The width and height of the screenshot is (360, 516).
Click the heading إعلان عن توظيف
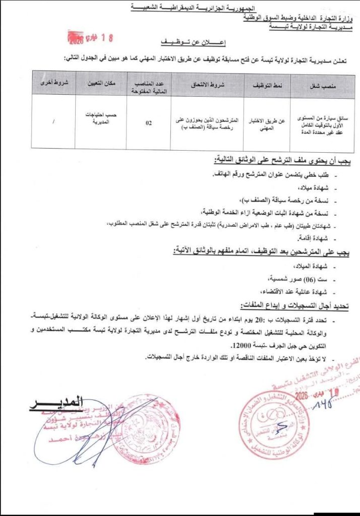[x=186, y=42]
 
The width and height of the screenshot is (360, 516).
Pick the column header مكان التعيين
[x=100, y=84]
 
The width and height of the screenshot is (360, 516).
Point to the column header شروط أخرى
[x=54, y=84]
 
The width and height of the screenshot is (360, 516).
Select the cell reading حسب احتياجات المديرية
[x=100, y=118]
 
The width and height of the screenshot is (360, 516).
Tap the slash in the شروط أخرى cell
[x=54, y=121]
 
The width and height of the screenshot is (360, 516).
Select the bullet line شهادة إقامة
[x=312, y=237]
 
